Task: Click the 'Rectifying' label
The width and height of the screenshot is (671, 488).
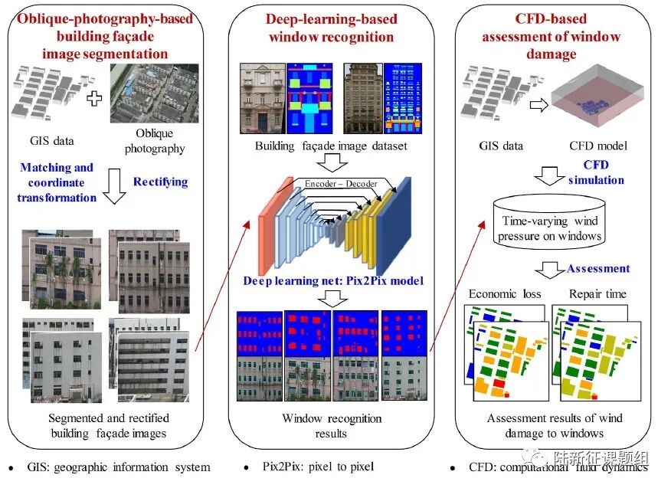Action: click(160, 182)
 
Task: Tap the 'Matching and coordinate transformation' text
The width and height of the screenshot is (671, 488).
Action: click(57, 182)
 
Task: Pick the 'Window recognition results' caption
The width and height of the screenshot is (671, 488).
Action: click(332, 426)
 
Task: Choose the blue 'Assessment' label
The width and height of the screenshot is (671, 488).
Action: click(598, 269)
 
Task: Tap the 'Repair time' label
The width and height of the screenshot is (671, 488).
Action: click(597, 293)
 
